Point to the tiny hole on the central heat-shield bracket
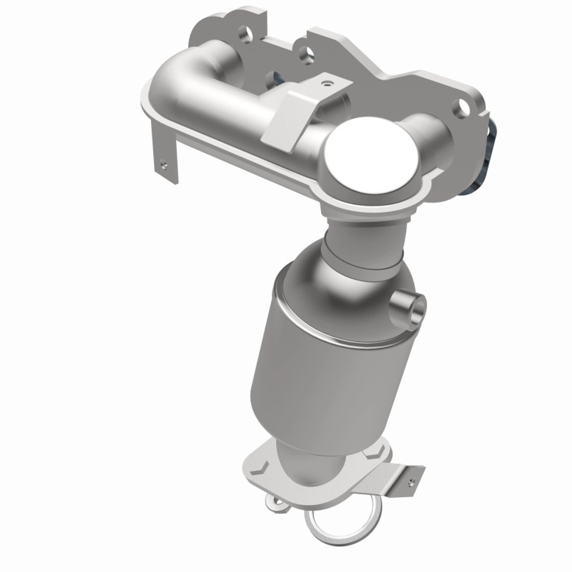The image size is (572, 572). (x=330, y=83)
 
